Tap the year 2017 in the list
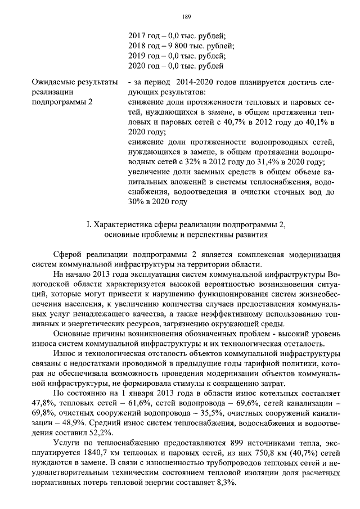tap(137, 36)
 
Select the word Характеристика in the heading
tap(123, 225)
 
